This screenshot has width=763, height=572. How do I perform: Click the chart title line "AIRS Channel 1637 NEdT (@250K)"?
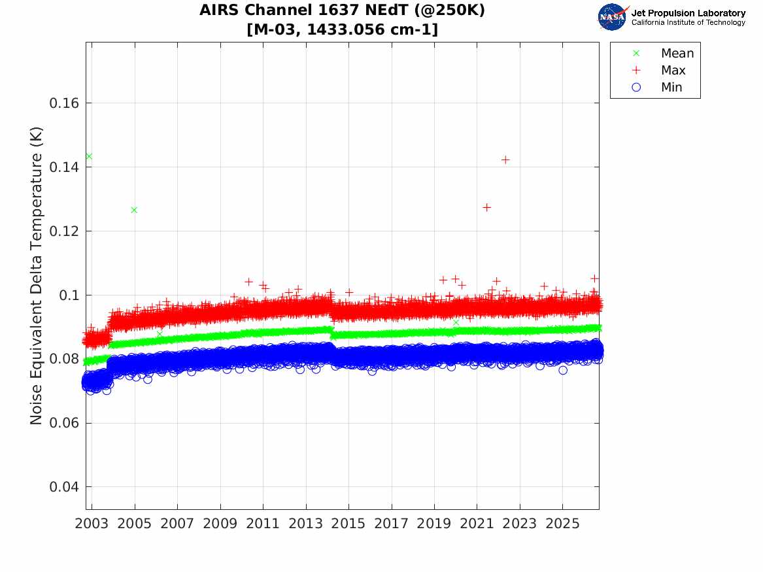342,10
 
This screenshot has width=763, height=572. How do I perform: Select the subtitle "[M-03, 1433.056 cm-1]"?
342,29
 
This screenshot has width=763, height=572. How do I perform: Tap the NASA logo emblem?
612,17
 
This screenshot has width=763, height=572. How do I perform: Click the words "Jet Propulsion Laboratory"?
688,13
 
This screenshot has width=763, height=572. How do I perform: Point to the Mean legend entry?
664,53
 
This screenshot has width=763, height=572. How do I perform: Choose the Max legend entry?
659,70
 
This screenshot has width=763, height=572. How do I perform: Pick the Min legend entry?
657,87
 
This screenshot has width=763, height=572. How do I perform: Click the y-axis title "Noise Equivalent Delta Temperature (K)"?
36,275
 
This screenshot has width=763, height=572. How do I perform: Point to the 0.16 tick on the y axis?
64,103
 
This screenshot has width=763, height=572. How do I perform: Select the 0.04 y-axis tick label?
64,487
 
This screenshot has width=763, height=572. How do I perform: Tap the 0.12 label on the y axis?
64,231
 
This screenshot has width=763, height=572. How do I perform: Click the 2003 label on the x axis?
92,524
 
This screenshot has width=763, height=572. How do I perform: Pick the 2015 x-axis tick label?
348,524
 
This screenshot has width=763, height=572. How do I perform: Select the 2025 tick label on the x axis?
562,524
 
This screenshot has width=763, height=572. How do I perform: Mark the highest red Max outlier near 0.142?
505,160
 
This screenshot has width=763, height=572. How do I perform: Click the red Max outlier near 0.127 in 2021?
486,208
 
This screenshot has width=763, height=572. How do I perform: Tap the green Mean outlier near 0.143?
89,157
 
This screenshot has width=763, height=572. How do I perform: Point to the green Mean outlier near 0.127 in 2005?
134,210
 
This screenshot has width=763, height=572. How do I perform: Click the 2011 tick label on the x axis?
263,524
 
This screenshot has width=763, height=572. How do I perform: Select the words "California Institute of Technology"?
688,23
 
